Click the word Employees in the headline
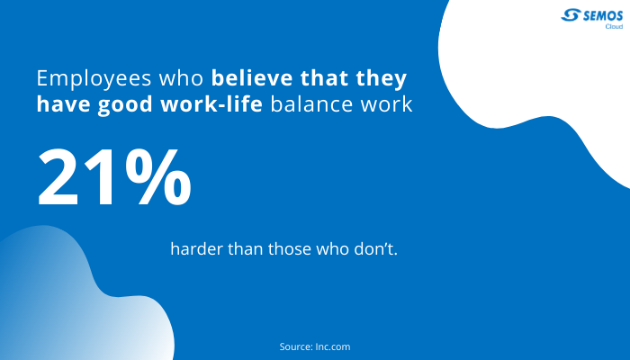pyautogui.click(x=94, y=79)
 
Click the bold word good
pyautogui.click(x=125, y=104)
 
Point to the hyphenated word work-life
pyautogui.click(x=211, y=103)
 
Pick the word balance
pyautogui.click(x=311, y=104)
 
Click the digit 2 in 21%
pyautogui.click(x=58, y=176)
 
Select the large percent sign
pyautogui.click(x=157, y=176)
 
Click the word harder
pyautogui.click(x=196, y=248)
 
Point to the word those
pyautogui.click(x=290, y=248)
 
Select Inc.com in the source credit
pyautogui.click(x=333, y=346)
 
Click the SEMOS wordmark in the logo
pyautogui.click(x=603, y=16)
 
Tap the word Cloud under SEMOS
pyautogui.click(x=614, y=26)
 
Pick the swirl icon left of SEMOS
pyautogui.click(x=571, y=15)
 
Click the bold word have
pyautogui.click(x=64, y=104)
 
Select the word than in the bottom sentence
pyautogui.click(x=246, y=248)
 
